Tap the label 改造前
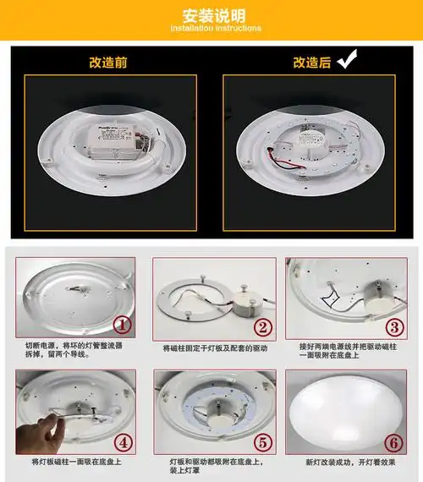click(x=108, y=63)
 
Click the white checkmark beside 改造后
click(x=346, y=60)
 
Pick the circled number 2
click(x=264, y=327)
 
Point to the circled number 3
click(x=395, y=326)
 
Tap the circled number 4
click(x=123, y=441)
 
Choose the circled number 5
click(x=262, y=441)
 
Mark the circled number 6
click(x=394, y=441)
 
